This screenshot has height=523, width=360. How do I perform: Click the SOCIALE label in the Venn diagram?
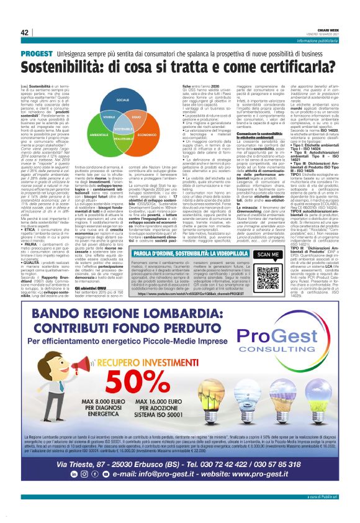(122, 99)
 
